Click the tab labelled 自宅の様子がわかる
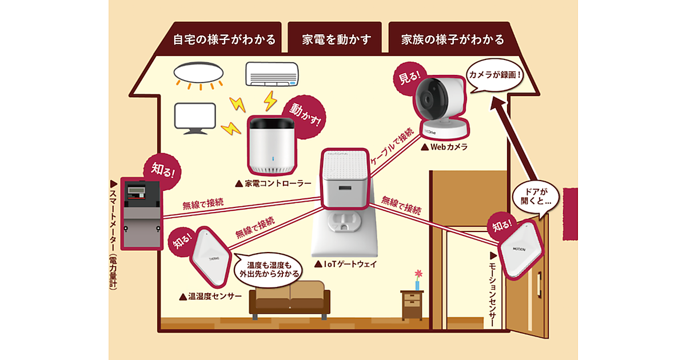pyautogui.click(x=224, y=40)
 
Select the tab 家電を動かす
pyautogui.click(x=337, y=40)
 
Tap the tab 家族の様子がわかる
pyautogui.click(x=453, y=40)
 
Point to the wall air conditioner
pyautogui.click(x=272, y=75)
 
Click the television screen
pyautogui.click(x=194, y=117)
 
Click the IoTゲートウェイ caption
pyautogui.click(x=346, y=265)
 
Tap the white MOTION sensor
pyautogui.click(x=519, y=249)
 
